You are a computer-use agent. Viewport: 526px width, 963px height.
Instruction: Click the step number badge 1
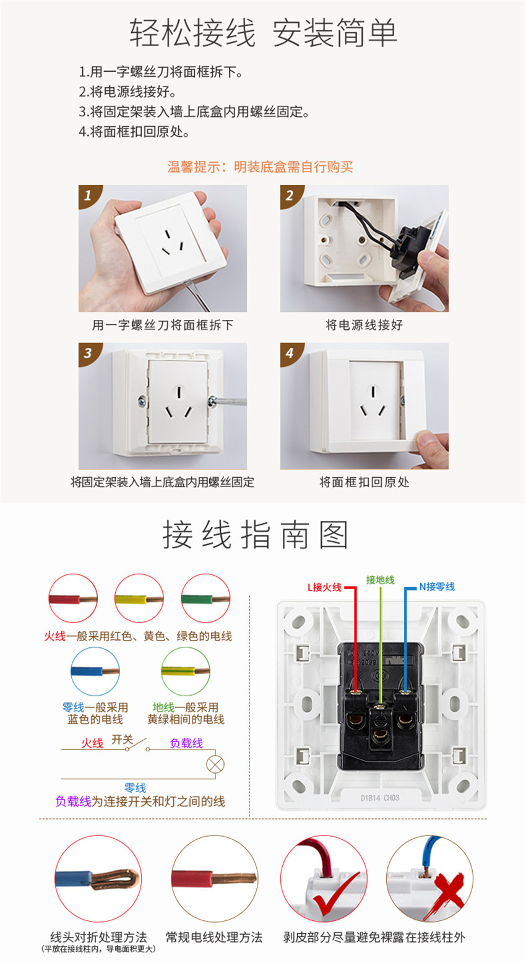pos(88,196)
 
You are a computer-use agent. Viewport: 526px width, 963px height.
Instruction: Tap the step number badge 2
pos(290,196)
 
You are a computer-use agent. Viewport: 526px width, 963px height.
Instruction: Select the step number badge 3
pos(88,353)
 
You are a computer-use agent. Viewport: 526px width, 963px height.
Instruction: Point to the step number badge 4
pos(290,353)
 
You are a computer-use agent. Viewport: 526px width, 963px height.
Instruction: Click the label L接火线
pos(324,587)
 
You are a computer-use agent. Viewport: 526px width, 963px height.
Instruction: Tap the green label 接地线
pos(381,580)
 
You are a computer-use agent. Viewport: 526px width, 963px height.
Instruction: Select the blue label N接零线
pos(437,586)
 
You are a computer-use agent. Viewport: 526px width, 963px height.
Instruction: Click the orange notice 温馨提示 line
pos(261,167)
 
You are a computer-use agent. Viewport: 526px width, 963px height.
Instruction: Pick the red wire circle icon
pos(73,598)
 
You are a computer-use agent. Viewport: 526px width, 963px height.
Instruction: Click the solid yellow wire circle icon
pos(139,598)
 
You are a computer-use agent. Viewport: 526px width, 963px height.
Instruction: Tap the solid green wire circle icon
pos(205,598)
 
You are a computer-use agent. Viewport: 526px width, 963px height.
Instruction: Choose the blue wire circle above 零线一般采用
pos(95,672)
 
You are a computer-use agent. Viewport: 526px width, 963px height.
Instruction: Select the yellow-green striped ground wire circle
pos(186,672)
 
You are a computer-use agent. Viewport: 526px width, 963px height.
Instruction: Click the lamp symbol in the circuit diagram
pos(215,764)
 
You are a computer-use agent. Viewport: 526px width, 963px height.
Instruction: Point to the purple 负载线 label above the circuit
pos(186,743)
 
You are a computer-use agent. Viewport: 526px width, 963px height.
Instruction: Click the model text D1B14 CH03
pos(380,798)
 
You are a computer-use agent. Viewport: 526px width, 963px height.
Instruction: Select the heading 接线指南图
pos(255,535)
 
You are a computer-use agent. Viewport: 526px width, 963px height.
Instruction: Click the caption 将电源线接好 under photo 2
pos(364,325)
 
